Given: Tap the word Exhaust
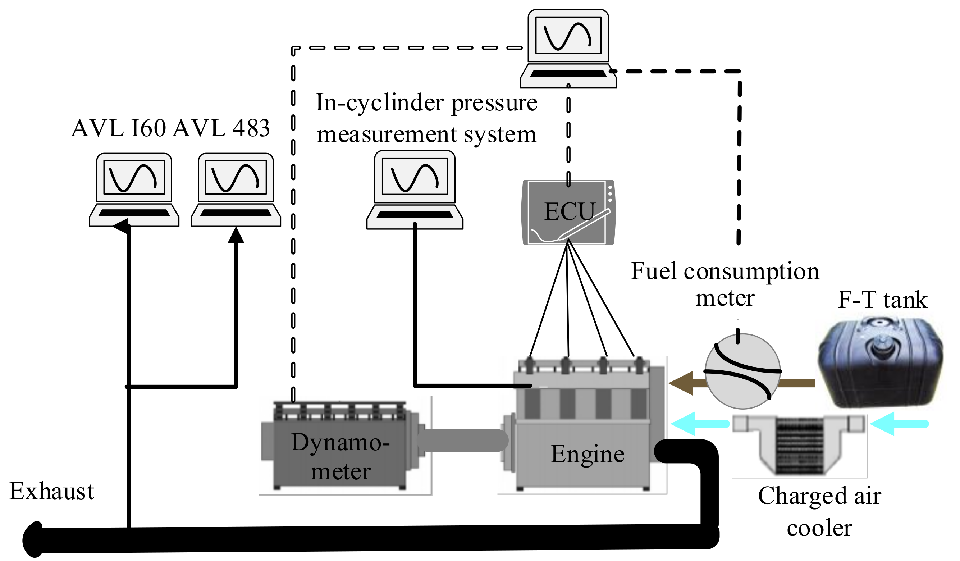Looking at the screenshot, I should (52, 492).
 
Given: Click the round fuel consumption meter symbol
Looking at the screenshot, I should (743, 371).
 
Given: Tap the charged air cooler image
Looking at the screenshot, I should (799, 445).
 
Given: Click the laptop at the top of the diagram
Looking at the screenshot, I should (568, 49).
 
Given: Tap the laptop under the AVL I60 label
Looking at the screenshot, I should (134, 190).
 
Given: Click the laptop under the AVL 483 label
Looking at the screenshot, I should (236, 190).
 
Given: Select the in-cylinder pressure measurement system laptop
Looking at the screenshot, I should (415, 190).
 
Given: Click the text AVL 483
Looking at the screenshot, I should (221, 128).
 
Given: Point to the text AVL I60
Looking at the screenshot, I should (119, 128).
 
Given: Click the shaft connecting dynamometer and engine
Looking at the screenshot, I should (463, 441).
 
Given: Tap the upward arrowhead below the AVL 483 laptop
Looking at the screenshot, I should (236, 235).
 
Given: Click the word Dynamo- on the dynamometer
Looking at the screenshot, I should (340, 443).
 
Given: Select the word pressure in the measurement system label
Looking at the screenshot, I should (494, 103).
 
